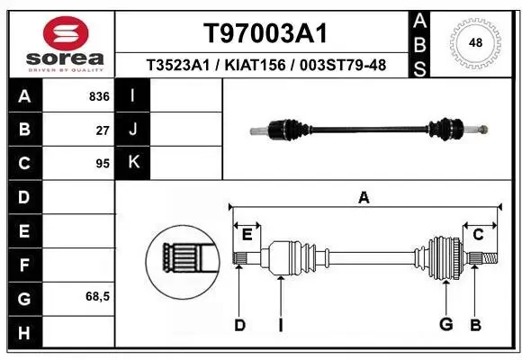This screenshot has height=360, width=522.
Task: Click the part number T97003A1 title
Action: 264,33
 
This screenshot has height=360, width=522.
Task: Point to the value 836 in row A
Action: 99,95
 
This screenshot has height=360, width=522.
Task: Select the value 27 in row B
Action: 103,130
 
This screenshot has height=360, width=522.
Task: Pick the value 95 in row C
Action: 103,164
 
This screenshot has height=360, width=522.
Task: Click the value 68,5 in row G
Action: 97,296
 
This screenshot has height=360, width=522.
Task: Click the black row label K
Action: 133,163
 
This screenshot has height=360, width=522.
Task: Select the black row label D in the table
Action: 24,197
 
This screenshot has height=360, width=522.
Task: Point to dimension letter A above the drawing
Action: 364,198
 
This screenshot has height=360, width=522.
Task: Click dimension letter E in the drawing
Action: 247,235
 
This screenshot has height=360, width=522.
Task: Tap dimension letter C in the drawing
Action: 479,235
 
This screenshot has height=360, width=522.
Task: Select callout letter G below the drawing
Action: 445,324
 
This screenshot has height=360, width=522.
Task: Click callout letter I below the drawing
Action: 281,324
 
